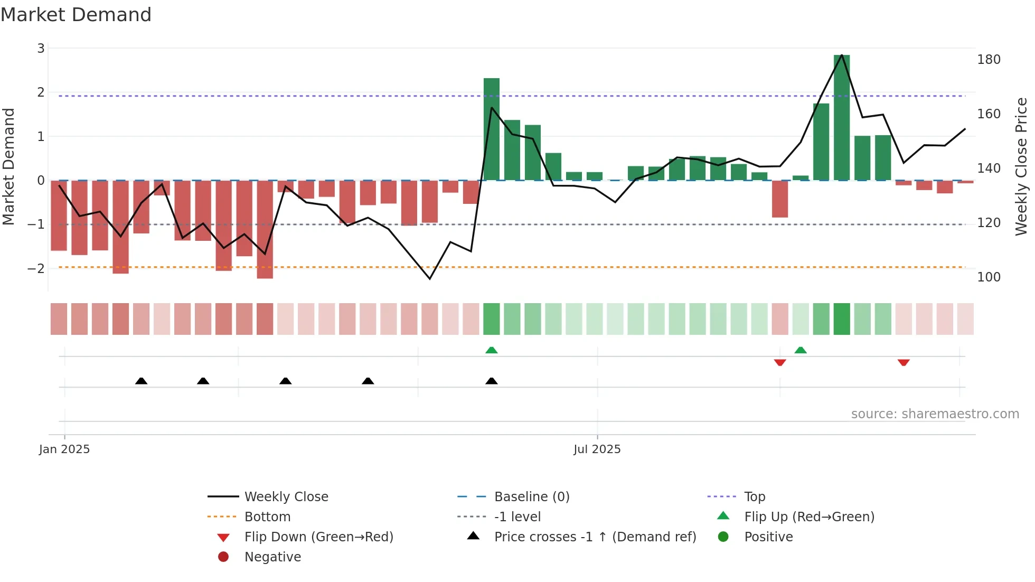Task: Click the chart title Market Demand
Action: [76, 15]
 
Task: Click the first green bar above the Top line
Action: [492, 129]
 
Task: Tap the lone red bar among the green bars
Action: [780, 199]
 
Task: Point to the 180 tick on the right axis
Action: [989, 60]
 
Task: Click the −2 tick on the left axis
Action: [36, 268]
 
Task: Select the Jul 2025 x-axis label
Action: [597, 449]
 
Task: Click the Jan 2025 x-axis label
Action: [64, 449]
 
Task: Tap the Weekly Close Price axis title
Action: [1021, 166]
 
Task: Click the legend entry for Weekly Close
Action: [286, 497]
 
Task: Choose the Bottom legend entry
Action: [267, 517]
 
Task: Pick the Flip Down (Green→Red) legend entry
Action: [318, 537]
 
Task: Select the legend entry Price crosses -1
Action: [595, 537]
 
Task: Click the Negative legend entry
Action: [272, 557]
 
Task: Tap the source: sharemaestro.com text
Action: [935, 414]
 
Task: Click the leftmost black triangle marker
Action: [141, 381]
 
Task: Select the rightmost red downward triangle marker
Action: [904, 363]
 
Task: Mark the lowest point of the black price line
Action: [430, 279]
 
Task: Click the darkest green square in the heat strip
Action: [842, 319]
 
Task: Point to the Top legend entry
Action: [755, 497]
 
